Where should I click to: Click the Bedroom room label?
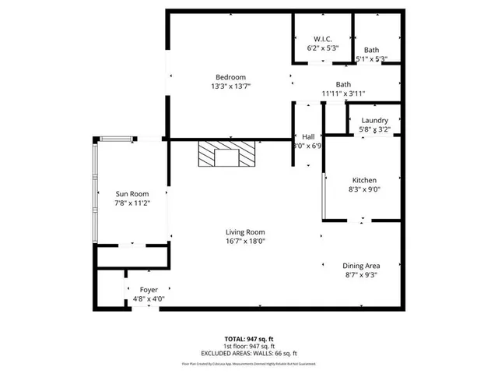coord(231,76)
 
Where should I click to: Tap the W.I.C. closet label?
coord(323,39)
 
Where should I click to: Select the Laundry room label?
coord(374,120)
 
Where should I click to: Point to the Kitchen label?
coord(365,179)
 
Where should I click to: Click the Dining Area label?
coord(362,265)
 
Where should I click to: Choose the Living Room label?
coord(246,231)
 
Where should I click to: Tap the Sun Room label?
coord(132,194)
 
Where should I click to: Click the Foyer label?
coord(149,290)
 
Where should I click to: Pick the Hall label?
coord(308,136)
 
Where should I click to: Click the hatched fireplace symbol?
coord(226,154)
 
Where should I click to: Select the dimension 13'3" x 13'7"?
coord(231,86)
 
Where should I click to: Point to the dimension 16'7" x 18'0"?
coord(246,242)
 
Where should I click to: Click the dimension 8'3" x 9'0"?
coord(365,189)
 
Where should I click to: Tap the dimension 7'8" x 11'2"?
coord(132,203)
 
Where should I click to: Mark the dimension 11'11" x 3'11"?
coord(343,94)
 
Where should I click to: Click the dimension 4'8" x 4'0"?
coord(148,299)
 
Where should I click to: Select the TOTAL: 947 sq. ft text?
coord(249,338)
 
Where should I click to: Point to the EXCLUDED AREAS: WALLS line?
coord(249,353)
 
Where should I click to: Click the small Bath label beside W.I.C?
coord(371,50)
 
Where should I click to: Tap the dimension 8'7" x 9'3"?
coord(362,275)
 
